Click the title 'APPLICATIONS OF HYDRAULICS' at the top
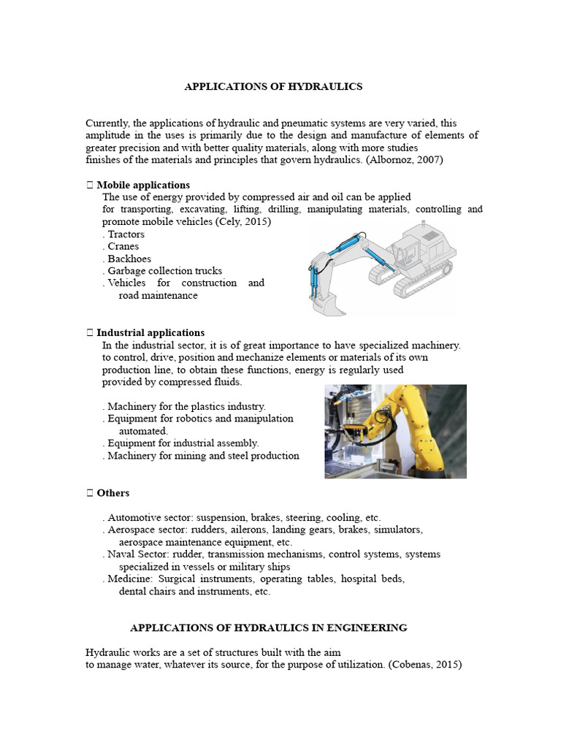click(x=273, y=86)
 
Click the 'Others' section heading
click(x=112, y=493)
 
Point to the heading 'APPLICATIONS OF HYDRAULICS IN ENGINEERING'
click(x=268, y=627)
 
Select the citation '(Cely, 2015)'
click(x=243, y=221)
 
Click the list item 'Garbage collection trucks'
click(x=164, y=270)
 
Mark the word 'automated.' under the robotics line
click(x=143, y=431)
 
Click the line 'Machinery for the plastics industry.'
click(x=186, y=406)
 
